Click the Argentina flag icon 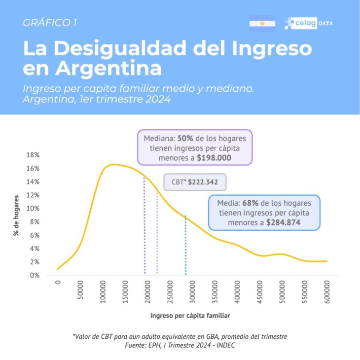click(262, 23)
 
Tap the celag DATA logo click(309, 23)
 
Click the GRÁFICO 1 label click(50, 22)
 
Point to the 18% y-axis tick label click(32, 155)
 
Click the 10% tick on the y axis click(32, 209)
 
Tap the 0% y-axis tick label click(34, 275)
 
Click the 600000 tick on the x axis click(327, 291)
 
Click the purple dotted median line click(144, 227)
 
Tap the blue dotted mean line click(185, 247)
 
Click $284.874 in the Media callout click(284, 222)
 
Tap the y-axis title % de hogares click(16, 215)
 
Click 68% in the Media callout click(250, 203)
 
